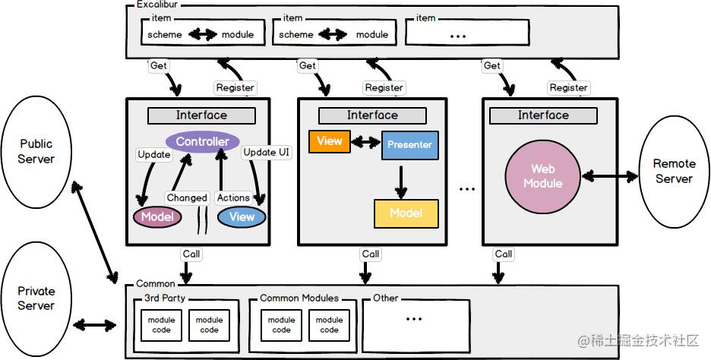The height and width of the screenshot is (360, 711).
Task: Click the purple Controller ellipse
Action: coord(203,141)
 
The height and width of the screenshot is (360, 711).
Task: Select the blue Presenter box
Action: coord(410,145)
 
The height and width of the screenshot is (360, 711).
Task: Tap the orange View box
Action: coord(329,141)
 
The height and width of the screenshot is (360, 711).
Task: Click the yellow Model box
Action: coord(406,213)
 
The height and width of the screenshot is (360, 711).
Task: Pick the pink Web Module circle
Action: coord(543,176)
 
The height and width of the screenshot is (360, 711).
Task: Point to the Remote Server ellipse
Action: coord(674,172)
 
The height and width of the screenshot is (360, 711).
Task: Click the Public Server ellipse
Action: coord(36,151)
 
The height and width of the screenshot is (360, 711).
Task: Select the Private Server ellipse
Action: coord(36,298)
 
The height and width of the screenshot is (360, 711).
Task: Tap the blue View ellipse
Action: coord(242,216)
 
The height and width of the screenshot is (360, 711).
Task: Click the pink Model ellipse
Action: coord(157,216)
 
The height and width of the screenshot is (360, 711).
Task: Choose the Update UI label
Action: coord(266,153)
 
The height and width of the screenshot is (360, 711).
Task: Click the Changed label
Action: coord(187,197)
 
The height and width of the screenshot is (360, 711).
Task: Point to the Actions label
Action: coord(233,197)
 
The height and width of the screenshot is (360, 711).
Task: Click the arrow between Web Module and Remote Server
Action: coord(609,176)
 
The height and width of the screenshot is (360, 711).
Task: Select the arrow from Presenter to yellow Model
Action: coord(400,182)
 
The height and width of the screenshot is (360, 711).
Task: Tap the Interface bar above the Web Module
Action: coord(543,115)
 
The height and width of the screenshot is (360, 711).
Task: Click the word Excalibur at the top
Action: coord(157,5)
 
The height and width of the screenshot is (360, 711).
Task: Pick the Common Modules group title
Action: coord(299,298)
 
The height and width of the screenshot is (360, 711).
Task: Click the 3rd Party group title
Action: coord(165,298)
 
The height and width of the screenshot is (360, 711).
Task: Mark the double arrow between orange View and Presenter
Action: coord(366,143)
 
